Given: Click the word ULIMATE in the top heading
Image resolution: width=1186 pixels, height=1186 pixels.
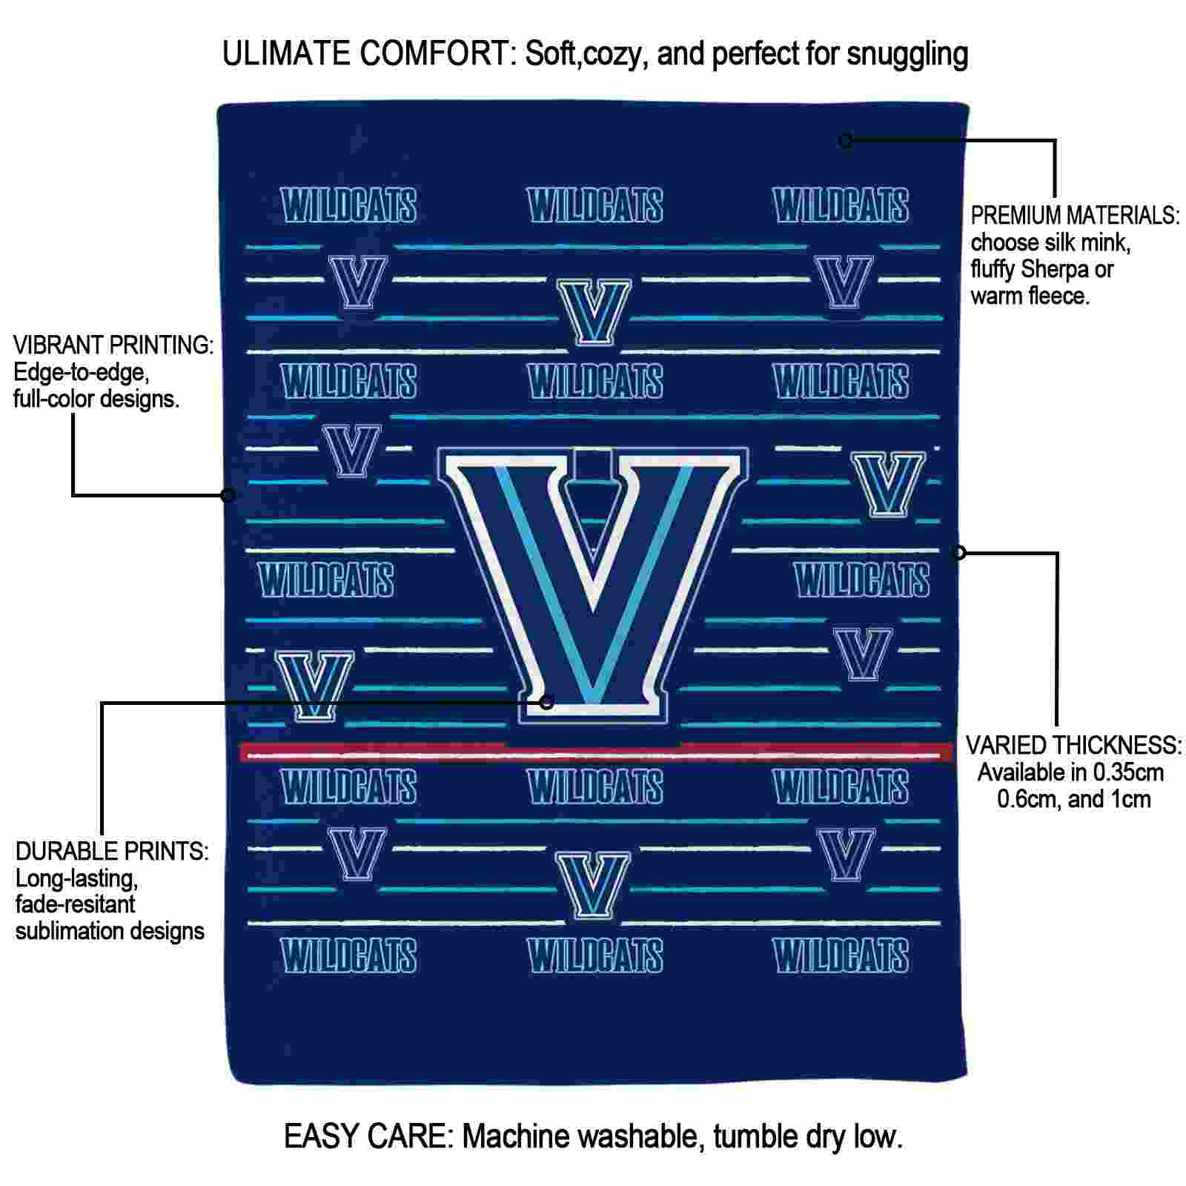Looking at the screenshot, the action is coord(286,54).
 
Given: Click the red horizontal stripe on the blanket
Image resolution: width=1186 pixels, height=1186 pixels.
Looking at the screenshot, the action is coord(596,753).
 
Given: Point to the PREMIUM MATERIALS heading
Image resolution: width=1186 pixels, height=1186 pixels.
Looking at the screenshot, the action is coord(1075,216).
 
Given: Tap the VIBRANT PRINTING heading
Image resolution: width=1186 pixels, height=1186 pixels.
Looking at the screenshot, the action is coord(113,345).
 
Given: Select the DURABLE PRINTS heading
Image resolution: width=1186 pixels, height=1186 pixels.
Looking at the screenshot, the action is coord(112,851).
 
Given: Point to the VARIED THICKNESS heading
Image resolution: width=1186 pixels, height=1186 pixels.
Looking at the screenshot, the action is coord(1073,745).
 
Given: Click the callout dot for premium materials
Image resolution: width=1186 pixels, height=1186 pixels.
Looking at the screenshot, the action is coord(845,140).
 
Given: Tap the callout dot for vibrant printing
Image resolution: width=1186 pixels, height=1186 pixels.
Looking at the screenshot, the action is coord(228,495).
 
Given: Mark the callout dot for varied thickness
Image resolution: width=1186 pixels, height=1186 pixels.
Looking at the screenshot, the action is coord(958,552).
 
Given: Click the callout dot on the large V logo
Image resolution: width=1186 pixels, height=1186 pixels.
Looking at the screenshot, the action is coord(546,702).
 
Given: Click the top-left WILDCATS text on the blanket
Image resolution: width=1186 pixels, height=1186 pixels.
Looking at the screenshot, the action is coord(349,205).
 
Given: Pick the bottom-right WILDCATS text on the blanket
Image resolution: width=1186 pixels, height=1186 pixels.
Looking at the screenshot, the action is coord(841,955).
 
